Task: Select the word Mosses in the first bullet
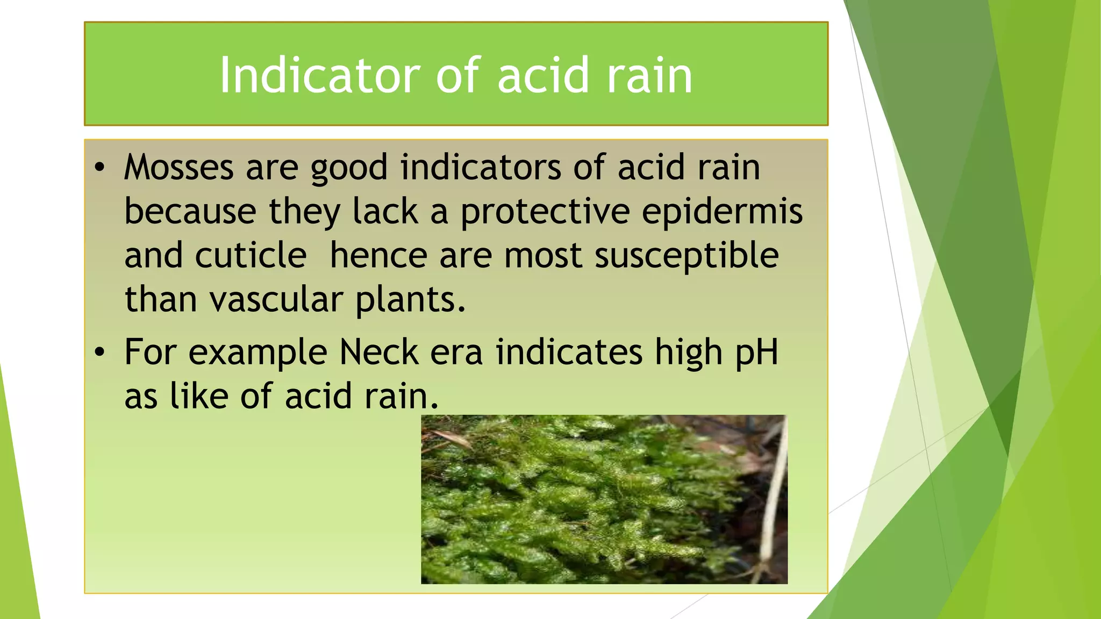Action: click(x=178, y=167)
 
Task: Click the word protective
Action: click(x=545, y=211)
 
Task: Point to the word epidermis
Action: click(x=722, y=211)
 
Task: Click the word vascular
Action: click(x=276, y=299)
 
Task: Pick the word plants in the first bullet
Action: click(x=410, y=300)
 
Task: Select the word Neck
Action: click(x=379, y=352)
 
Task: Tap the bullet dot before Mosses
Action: click(x=99, y=168)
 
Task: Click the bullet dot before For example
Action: click(x=99, y=352)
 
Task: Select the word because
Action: click(x=190, y=211)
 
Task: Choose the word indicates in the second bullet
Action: click(x=569, y=352)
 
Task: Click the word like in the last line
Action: click(x=199, y=397)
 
